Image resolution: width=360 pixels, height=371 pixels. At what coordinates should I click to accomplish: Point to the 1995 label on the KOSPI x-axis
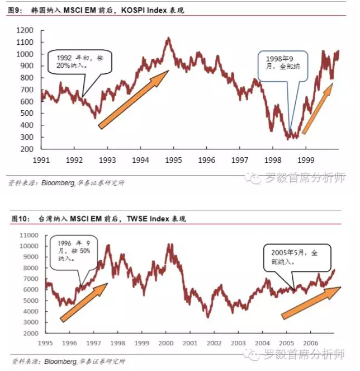tap(173, 160)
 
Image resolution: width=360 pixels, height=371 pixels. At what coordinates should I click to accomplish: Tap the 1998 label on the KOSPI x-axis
tap(273, 160)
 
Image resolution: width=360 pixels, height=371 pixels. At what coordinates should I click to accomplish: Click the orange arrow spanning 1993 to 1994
tap(134, 99)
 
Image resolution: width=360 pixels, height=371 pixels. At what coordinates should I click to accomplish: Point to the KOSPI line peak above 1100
tap(168, 39)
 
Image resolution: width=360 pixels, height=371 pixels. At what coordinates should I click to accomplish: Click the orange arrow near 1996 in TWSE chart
tap(84, 302)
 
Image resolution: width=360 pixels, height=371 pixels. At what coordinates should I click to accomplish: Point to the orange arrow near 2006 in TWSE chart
tap(311, 303)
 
